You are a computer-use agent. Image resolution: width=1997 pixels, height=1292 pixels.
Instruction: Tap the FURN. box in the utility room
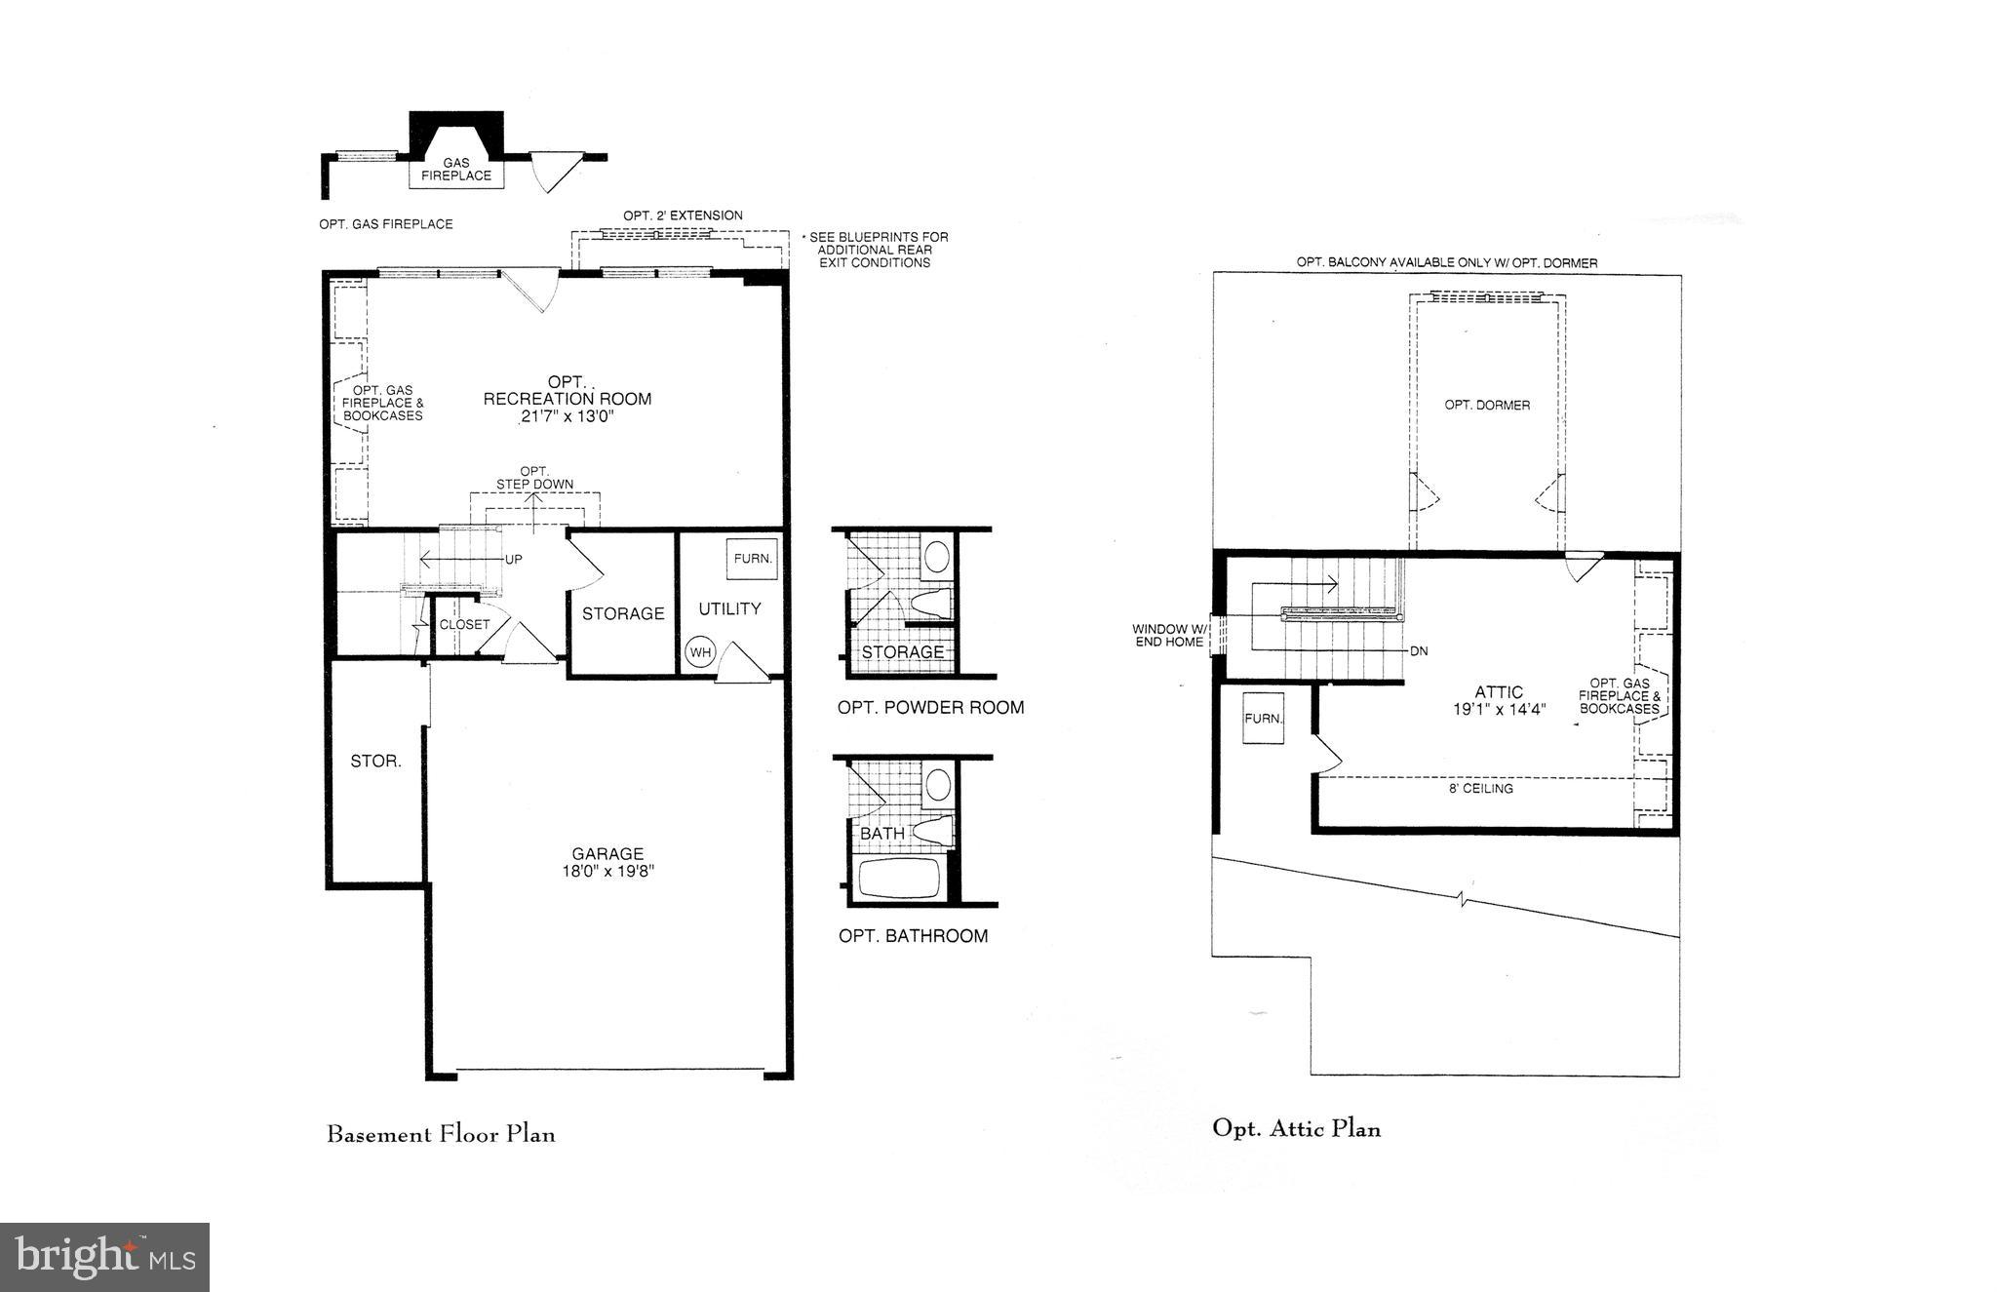tap(753, 559)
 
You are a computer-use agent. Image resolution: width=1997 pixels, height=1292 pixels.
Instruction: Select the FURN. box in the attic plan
tap(1264, 719)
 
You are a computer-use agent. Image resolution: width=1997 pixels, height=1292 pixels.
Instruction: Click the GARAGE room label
tap(607, 854)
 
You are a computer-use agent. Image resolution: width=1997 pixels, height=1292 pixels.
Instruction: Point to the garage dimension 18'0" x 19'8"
tap(607, 872)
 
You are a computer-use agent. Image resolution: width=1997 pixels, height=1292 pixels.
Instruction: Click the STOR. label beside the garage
tap(375, 762)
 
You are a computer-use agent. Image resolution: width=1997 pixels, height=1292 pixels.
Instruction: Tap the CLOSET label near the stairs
tap(464, 624)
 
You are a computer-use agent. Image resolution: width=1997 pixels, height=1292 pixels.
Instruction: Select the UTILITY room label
tap(729, 608)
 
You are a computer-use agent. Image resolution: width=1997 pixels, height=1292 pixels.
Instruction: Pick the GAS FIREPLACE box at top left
tap(455, 171)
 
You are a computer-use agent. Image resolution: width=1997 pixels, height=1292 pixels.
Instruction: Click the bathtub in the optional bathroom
tap(899, 878)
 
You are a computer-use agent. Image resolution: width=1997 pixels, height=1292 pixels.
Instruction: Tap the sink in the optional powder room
tap(937, 557)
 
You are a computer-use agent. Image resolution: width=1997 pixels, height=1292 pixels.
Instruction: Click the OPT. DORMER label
tap(1487, 405)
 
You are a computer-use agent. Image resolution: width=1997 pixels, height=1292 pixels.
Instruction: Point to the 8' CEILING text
tap(1481, 788)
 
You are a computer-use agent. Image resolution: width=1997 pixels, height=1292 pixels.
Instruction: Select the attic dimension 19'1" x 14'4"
tap(1499, 710)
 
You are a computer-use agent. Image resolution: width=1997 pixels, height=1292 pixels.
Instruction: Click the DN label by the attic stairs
tap(1419, 650)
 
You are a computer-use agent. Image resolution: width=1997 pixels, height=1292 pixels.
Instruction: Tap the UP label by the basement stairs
tap(513, 560)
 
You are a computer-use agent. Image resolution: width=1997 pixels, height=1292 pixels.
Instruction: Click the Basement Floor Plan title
tap(441, 1134)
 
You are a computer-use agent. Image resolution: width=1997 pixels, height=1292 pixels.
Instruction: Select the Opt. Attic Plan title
tap(1296, 1128)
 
